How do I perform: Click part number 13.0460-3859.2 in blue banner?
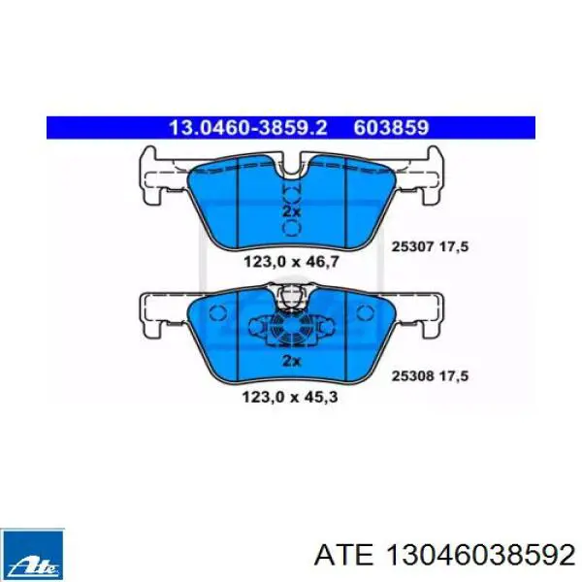(248, 128)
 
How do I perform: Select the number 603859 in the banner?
(391, 128)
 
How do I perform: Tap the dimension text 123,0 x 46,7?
(291, 262)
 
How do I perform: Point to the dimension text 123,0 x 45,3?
(290, 397)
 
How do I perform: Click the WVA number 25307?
(413, 246)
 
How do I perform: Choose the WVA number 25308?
(413, 376)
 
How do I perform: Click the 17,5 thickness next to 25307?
(454, 246)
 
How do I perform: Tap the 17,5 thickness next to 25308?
(454, 376)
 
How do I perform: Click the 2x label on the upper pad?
(291, 211)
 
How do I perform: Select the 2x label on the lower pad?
(291, 361)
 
